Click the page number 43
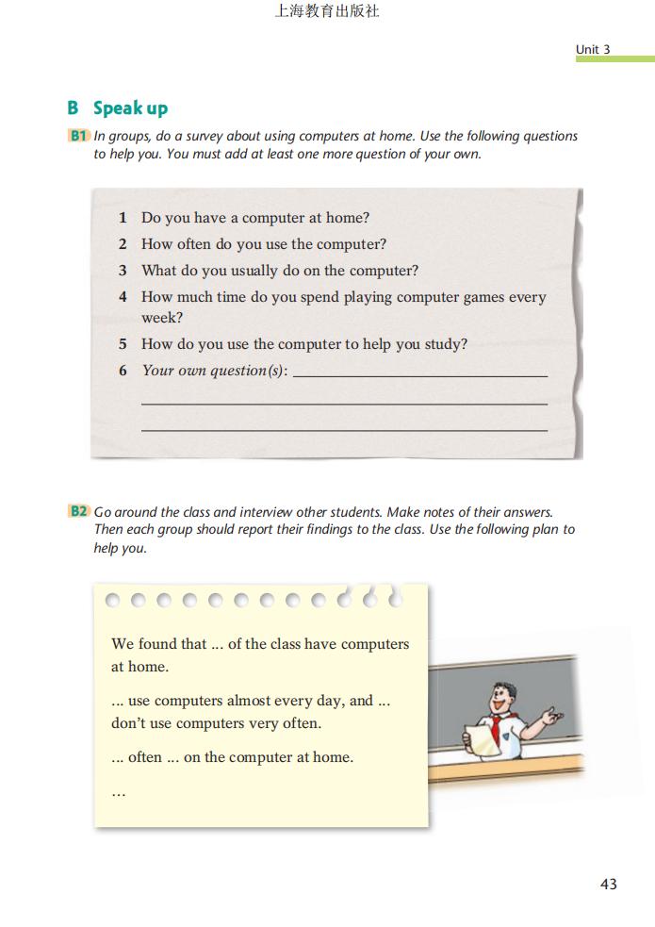coord(608,884)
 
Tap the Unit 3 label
coord(593,49)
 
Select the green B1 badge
coord(78,136)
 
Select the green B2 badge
coord(78,512)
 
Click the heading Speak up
coord(130,108)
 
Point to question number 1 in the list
coord(123,218)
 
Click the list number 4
coord(123,297)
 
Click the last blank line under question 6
coord(344,430)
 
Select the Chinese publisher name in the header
coord(327,12)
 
